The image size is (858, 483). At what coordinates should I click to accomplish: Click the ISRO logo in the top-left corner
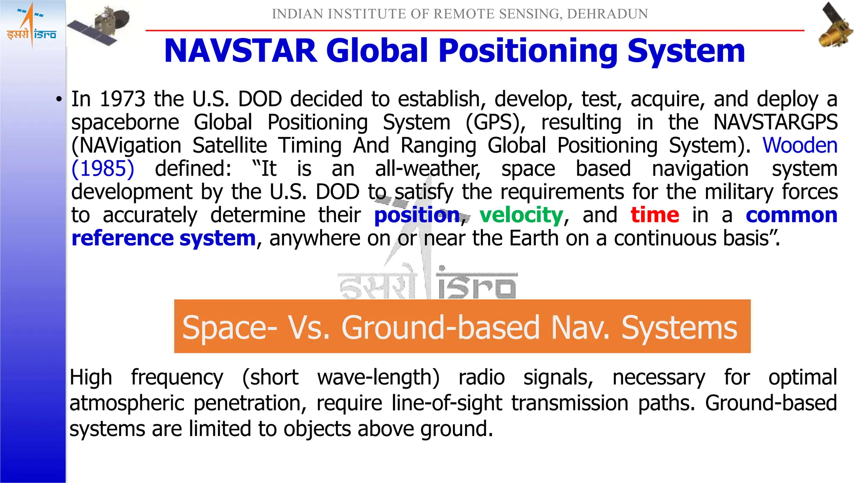(x=31, y=25)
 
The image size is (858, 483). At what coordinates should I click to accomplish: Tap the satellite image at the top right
(x=835, y=25)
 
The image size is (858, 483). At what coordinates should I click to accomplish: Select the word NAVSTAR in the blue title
(x=240, y=51)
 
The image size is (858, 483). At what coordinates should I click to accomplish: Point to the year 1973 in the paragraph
(x=122, y=99)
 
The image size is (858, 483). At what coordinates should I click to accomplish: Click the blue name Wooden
(x=799, y=145)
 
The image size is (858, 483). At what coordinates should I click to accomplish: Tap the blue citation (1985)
(x=103, y=169)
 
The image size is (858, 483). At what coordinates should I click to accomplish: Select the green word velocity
(x=521, y=215)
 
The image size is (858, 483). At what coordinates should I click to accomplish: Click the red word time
(x=655, y=215)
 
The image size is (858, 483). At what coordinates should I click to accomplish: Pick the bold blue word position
(x=417, y=215)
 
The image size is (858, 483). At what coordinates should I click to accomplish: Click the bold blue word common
(x=791, y=215)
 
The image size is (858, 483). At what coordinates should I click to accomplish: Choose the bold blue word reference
(x=122, y=239)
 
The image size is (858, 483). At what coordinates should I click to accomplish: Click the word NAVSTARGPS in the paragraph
(x=775, y=122)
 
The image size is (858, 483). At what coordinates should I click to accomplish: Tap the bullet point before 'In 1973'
(x=59, y=100)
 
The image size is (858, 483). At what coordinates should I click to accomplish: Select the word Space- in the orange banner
(x=230, y=327)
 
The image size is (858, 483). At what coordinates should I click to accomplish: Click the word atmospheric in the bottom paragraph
(x=127, y=403)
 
